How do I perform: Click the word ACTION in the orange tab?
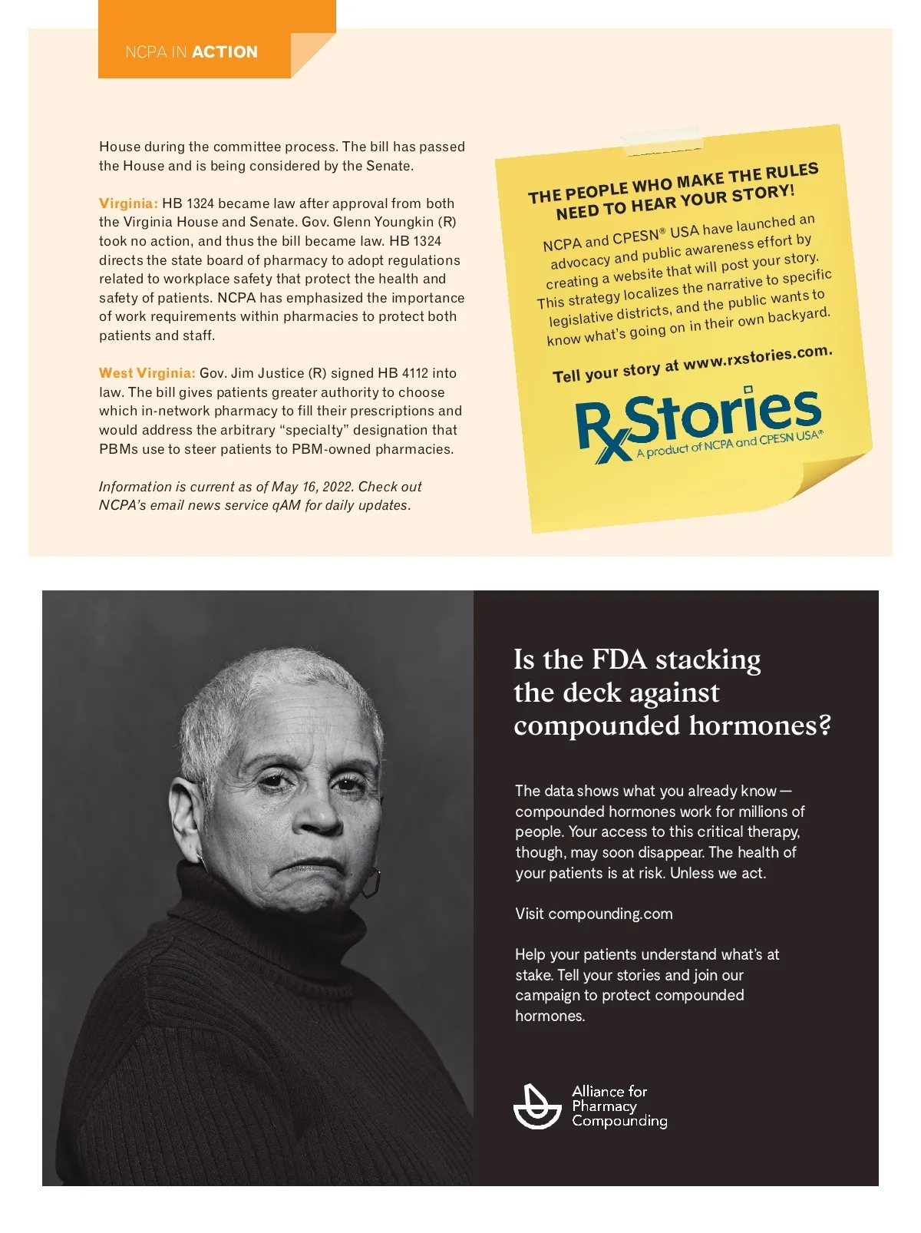pyautogui.click(x=225, y=52)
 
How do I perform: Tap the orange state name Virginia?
pyautogui.click(x=128, y=203)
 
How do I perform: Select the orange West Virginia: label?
pyautogui.click(x=147, y=373)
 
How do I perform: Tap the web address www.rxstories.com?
pyautogui.click(x=758, y=358)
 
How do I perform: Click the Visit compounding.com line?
pyautogui.click(x=593, y=914)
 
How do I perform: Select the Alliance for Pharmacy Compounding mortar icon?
pyautogui.click(x=536, y=1106)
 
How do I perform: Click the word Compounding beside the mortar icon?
pyautogui.click(x=619, y=1122)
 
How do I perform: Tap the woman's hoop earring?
pyautogui.click(x=370, y=882)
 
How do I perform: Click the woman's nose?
pyautogui.click(x=318, y=815)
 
